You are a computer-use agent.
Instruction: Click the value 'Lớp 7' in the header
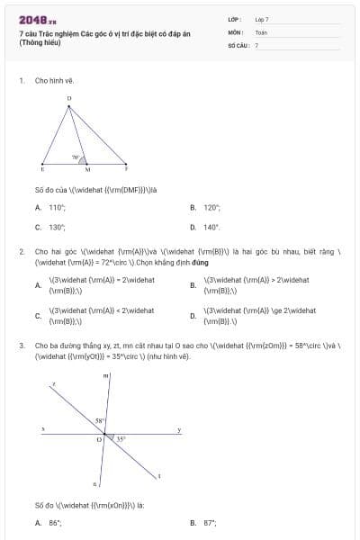pyautogui.click(x=261, y=19)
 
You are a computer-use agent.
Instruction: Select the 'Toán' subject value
pyautogui.click(x=261, y=31)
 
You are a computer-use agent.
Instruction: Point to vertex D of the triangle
pyautogui.click(x=69, y=98)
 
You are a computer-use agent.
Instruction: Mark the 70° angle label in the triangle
pyautogui.click(x=76, y=157)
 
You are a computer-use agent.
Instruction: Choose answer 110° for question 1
pyautogui.click(x=57, y=207)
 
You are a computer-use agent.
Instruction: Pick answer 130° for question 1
pyautogui.click(x=57, y=227)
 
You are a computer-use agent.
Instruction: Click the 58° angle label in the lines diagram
pyautogui.click(x=102, y=420)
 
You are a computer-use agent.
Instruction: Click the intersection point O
pyautogui.click(x=100, y=439)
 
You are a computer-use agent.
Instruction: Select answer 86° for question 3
pyautogui.click(x=54, y=522)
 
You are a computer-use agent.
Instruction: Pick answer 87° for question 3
pyautogui.click(x=210, y=522)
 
